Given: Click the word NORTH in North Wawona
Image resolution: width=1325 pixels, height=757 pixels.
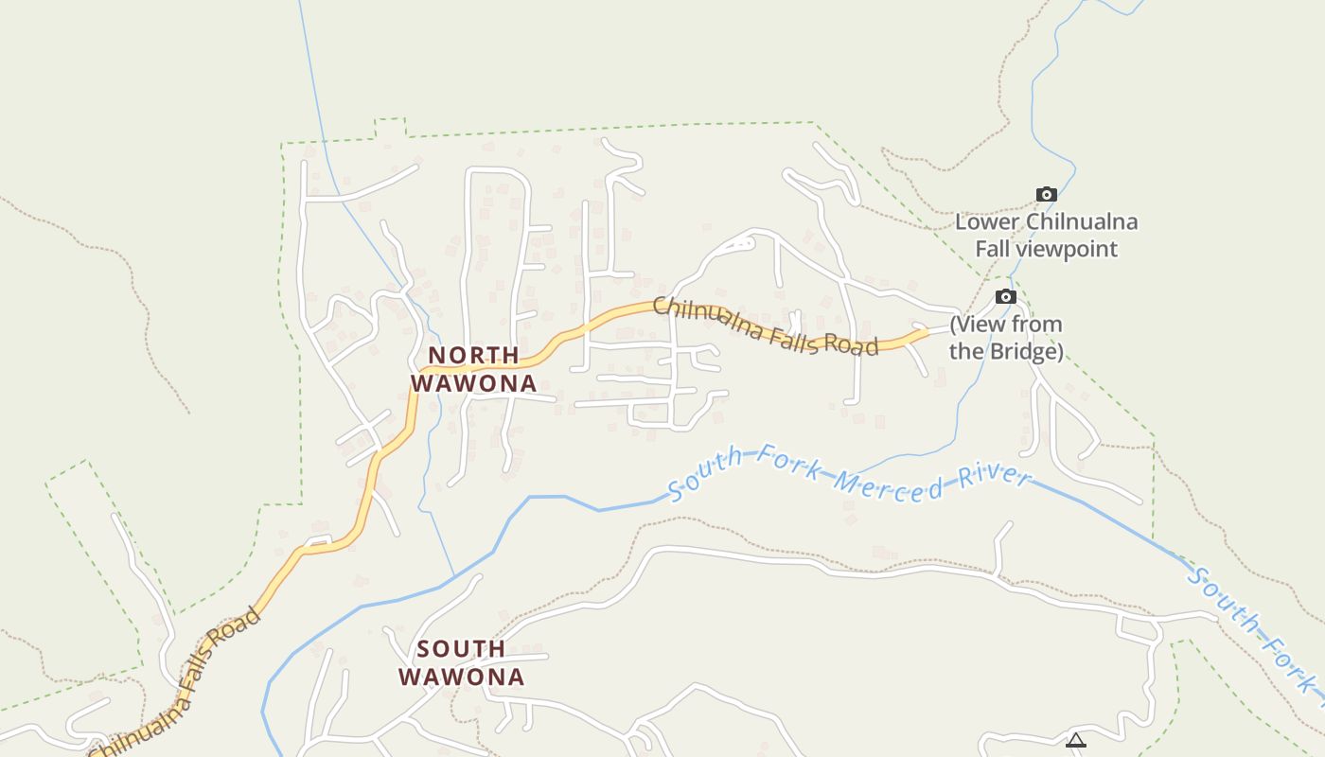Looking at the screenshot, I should (x=473, y=356).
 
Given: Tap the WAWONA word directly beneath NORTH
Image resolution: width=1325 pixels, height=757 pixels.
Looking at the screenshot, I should (x=473, y=383).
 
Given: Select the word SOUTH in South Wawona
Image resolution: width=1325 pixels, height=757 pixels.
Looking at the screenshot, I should (x=461, y=649).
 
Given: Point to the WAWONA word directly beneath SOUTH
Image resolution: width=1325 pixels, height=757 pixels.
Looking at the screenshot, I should (x=461, y=677).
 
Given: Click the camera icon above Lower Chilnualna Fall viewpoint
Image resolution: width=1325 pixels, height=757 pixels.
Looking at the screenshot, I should (x=1046, y=195).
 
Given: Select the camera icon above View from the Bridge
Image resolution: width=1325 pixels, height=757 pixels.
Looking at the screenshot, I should (x=1006, y=297).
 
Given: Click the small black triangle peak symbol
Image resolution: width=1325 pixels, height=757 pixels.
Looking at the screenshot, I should (x=1075, y=741).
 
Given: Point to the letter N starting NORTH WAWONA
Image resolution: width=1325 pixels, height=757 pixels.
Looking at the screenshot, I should (x=437, y=356).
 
